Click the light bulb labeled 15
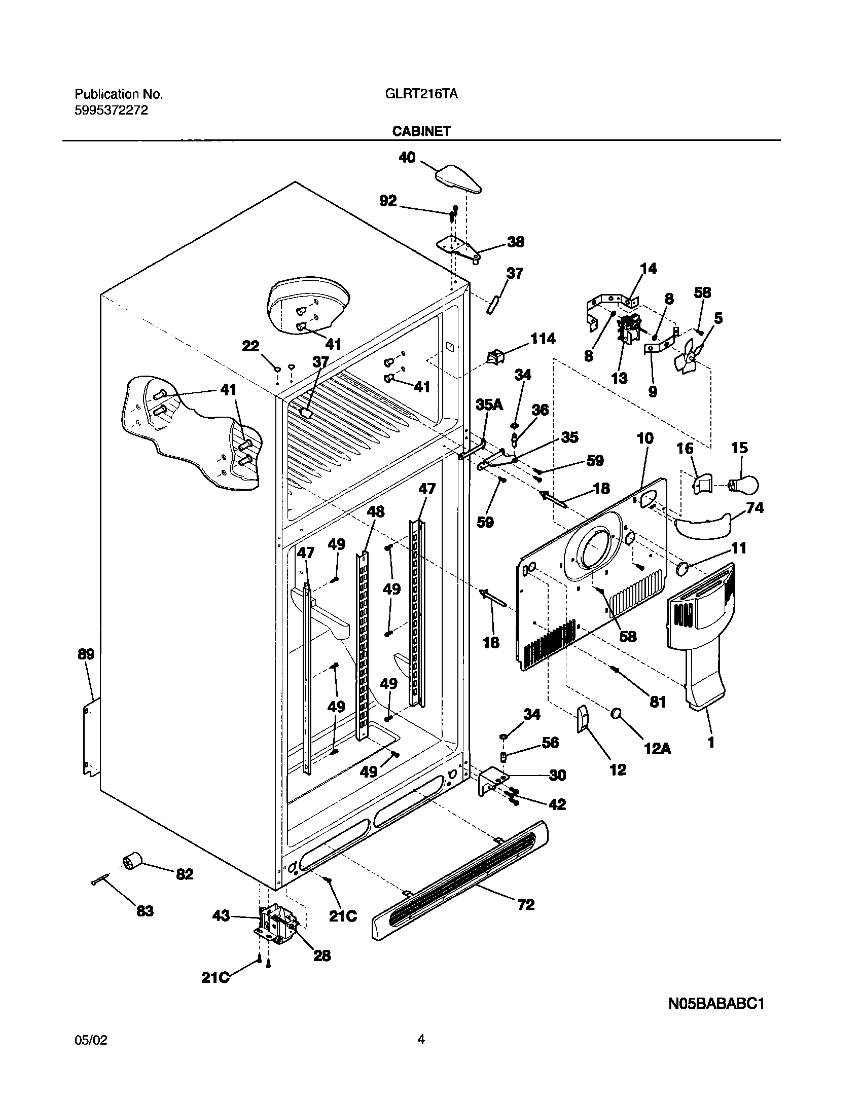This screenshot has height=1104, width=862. [x=744, y=486]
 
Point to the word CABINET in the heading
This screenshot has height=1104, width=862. [x=421, y=131]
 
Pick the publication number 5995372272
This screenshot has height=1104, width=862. [x=111, y=111]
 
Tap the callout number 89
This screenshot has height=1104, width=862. [x=86, y=654]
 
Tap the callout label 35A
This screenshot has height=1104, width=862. [x=489, y=404]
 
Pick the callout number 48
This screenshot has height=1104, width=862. [x=376, y=511]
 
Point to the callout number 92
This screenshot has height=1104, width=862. [x=388, y=201]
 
